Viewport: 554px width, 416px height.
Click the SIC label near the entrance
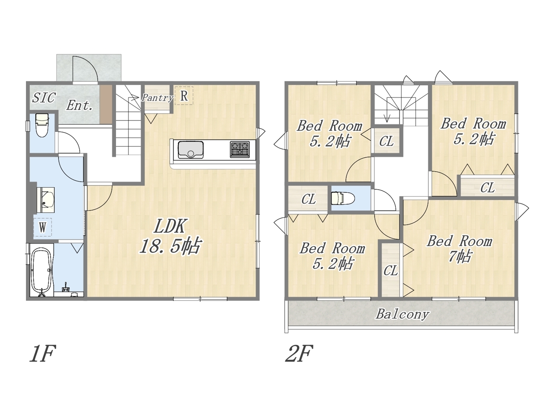pyautogui.click(x=44, y=97)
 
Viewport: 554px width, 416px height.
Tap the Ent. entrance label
pyautogui.click(x=79, y=105)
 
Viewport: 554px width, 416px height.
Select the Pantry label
pyautogui.click(x=157, y=97)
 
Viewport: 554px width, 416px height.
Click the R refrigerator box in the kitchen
pyautogui.click(x=184, y=95)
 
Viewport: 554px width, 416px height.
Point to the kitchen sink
pyautogui.click(x=190, y=150)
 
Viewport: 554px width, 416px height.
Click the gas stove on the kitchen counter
pyautogui.click(x=239, y=149)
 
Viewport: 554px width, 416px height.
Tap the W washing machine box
pyautogui.click(x=42, y=227)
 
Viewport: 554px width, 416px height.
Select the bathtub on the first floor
pyautogui.click(x=42, y=272)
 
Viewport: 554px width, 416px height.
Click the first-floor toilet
pyautogui.click(x=42, y=126)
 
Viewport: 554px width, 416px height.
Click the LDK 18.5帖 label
pyautogui.click(x=170, y=236)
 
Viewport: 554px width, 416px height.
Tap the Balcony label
pyautogui.click(x=403, y=315)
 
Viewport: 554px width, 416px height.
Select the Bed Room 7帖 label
pyautogui.click(x=460, y=249)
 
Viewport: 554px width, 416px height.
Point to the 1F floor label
pyautogui.click(x=42, y=354)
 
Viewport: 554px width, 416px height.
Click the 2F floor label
pyautogui.click(x=299, y=354)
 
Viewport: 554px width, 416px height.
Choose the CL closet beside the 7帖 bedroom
pyautogui.click(x=390, y=270)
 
